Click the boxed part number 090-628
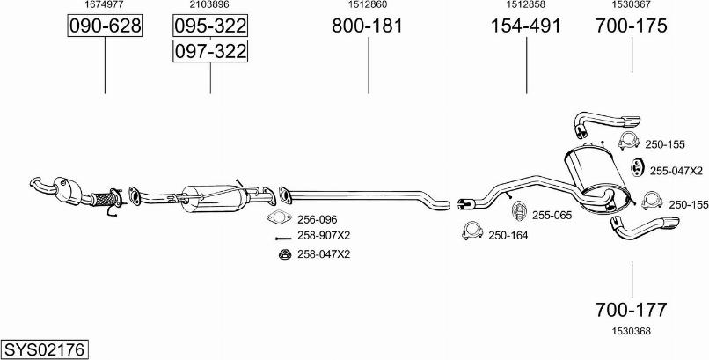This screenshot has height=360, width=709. pos(105,26)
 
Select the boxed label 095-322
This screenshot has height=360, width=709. pos(210,26)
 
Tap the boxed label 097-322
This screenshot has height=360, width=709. pos(210,51)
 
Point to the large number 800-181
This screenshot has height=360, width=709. pos(367,26)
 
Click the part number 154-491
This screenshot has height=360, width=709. pos(526,26)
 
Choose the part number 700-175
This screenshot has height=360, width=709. pos(632,26)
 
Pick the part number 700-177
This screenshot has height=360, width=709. pos(632,310)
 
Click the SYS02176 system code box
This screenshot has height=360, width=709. pos(44,349)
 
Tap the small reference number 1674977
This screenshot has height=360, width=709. pos(105,4)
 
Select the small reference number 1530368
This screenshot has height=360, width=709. pos(632,331)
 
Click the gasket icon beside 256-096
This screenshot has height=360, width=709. pos(279,218)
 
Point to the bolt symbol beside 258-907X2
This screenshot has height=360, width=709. pos(283,238)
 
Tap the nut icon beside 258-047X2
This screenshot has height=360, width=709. pos(284,254)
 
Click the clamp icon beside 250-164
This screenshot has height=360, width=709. pos(472,231)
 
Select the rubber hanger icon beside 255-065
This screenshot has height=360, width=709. pos(519,211)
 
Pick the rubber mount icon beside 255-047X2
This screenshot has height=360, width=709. pos(637,168)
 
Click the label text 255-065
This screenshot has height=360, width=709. pos(552,216)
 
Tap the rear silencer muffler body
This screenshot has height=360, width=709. pos(596,177)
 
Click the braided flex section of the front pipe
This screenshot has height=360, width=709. pos(104,199)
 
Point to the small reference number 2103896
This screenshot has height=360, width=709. pos(210,4)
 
